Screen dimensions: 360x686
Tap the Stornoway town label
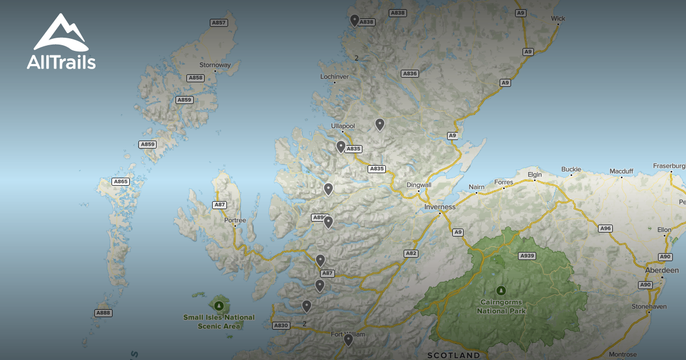click(214, 65)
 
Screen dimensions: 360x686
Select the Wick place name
click(558, 18)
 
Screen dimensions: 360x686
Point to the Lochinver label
click(334, 76)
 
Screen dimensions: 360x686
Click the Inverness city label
click(440, 207)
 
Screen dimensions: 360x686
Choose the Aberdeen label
click(661, 270)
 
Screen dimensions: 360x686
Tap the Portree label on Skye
click(235, 220)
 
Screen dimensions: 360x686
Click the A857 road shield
click(219, 23)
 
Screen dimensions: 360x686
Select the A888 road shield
click(103, 313)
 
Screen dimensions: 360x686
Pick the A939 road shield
click(527, 256)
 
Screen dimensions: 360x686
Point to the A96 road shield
click(605, 229)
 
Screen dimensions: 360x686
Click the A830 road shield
click(281, 325)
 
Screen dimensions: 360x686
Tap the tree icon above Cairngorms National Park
click(501, 290)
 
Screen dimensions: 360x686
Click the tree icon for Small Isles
click(219, 302)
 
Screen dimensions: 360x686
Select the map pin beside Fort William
click(348, 340)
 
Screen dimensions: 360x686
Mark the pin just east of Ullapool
click(380, 124)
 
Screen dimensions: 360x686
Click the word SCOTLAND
click(454, 355)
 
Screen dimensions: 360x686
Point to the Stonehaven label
click(649, 306)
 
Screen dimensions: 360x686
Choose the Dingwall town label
click(418, 185)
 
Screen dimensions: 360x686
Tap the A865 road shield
click(121, 182)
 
